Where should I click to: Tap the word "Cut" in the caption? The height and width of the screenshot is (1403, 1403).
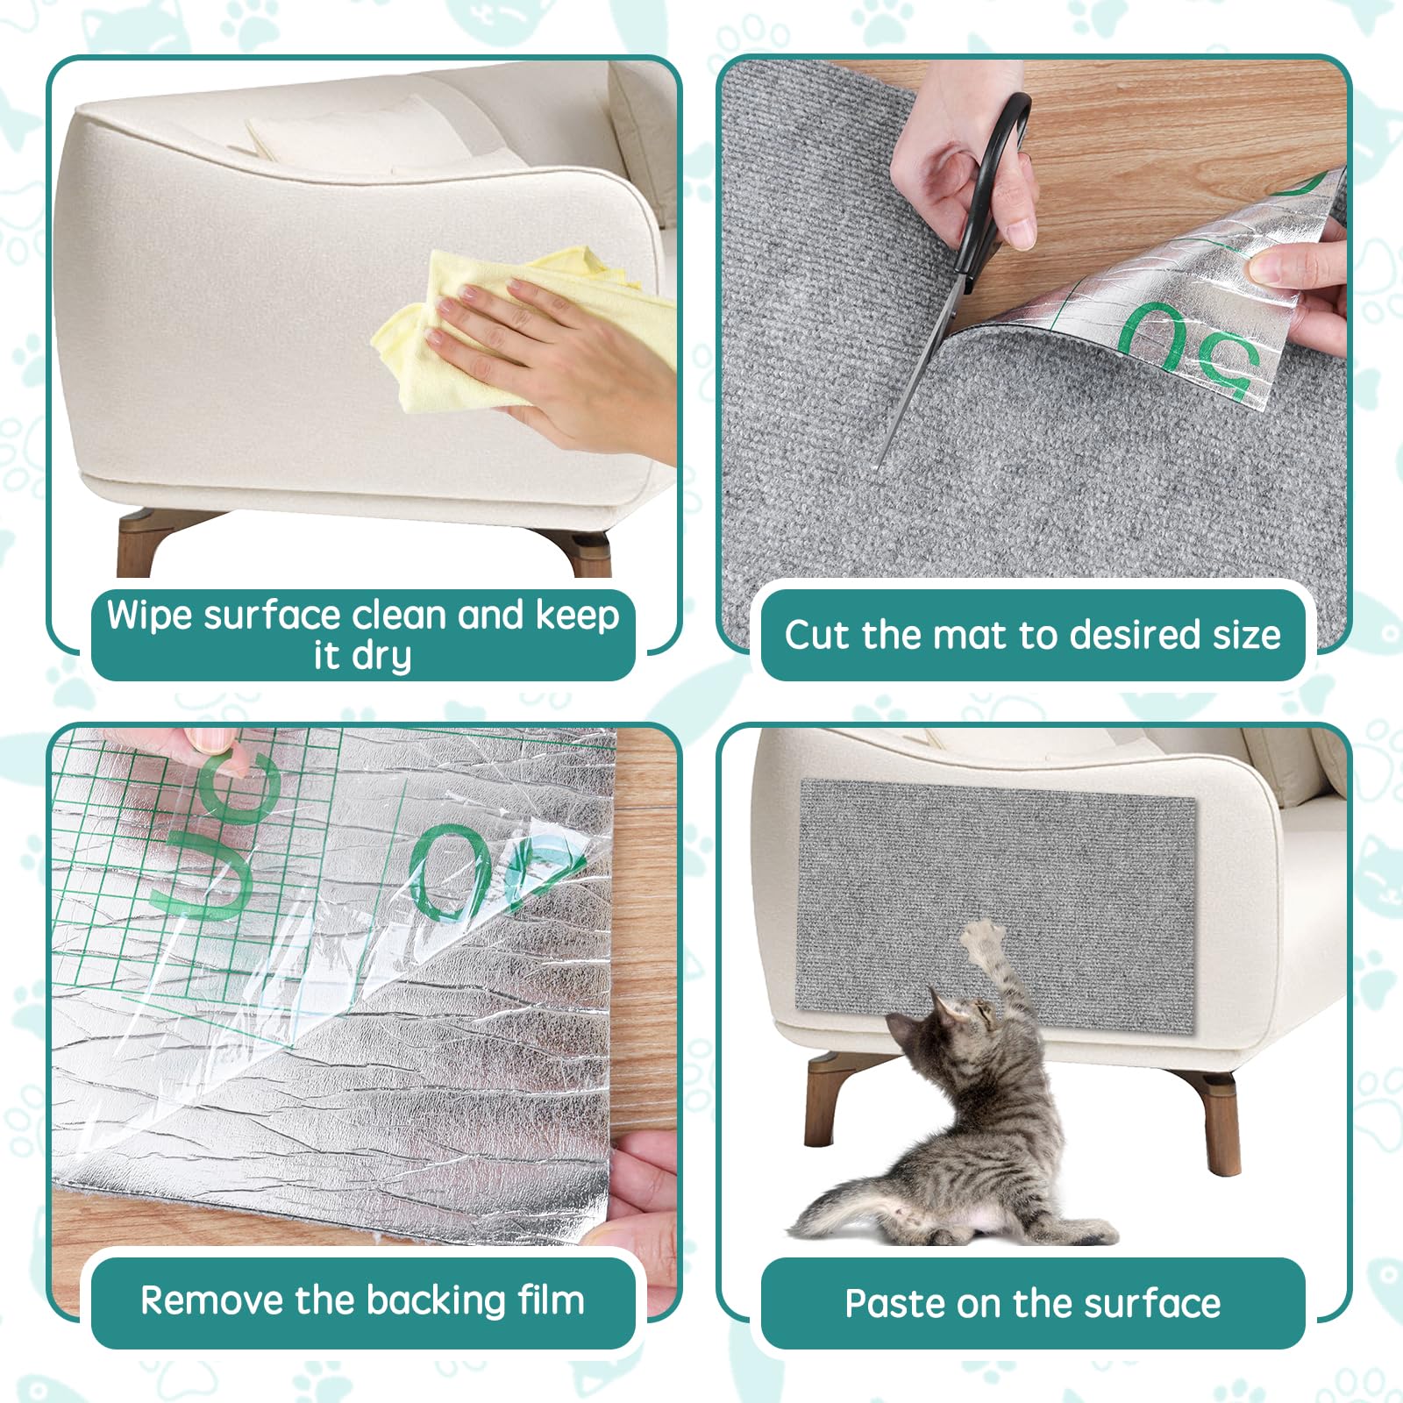click(x=818, y=634)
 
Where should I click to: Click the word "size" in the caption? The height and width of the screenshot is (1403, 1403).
click(x=1246, y=634)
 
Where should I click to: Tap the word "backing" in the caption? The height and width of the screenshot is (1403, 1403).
click(x=433, y=1301)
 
